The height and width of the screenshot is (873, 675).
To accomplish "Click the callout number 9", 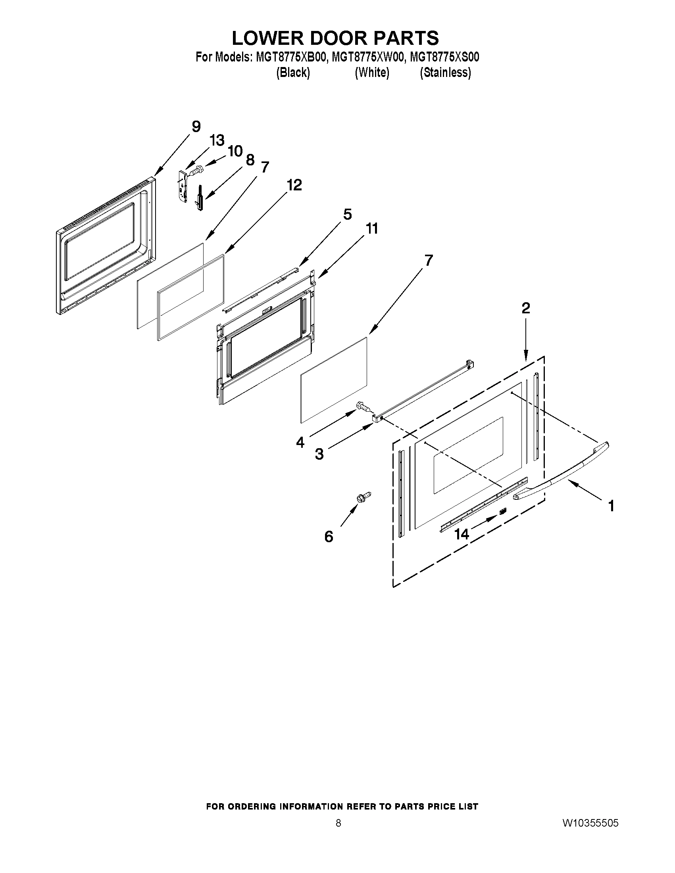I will coord(196,127).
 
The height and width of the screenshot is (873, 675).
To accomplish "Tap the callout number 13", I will coord(217,140).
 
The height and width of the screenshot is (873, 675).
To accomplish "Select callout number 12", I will coord(294,185).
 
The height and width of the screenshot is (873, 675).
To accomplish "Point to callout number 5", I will coord(348,215).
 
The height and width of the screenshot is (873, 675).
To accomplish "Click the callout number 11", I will coord(371,229).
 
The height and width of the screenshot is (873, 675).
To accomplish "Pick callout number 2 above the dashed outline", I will coord(526,308).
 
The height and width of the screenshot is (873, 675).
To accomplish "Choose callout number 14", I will coord(462,534).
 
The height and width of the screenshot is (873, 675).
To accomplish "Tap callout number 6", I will coord(329,536).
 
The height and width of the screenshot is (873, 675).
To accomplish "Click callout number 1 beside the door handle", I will coord(611,507).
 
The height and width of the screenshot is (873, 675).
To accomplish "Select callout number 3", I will coord(319,454).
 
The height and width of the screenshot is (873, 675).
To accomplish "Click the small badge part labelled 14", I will coord(503,511).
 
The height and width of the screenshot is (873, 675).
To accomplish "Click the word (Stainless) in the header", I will coord(445,73).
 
